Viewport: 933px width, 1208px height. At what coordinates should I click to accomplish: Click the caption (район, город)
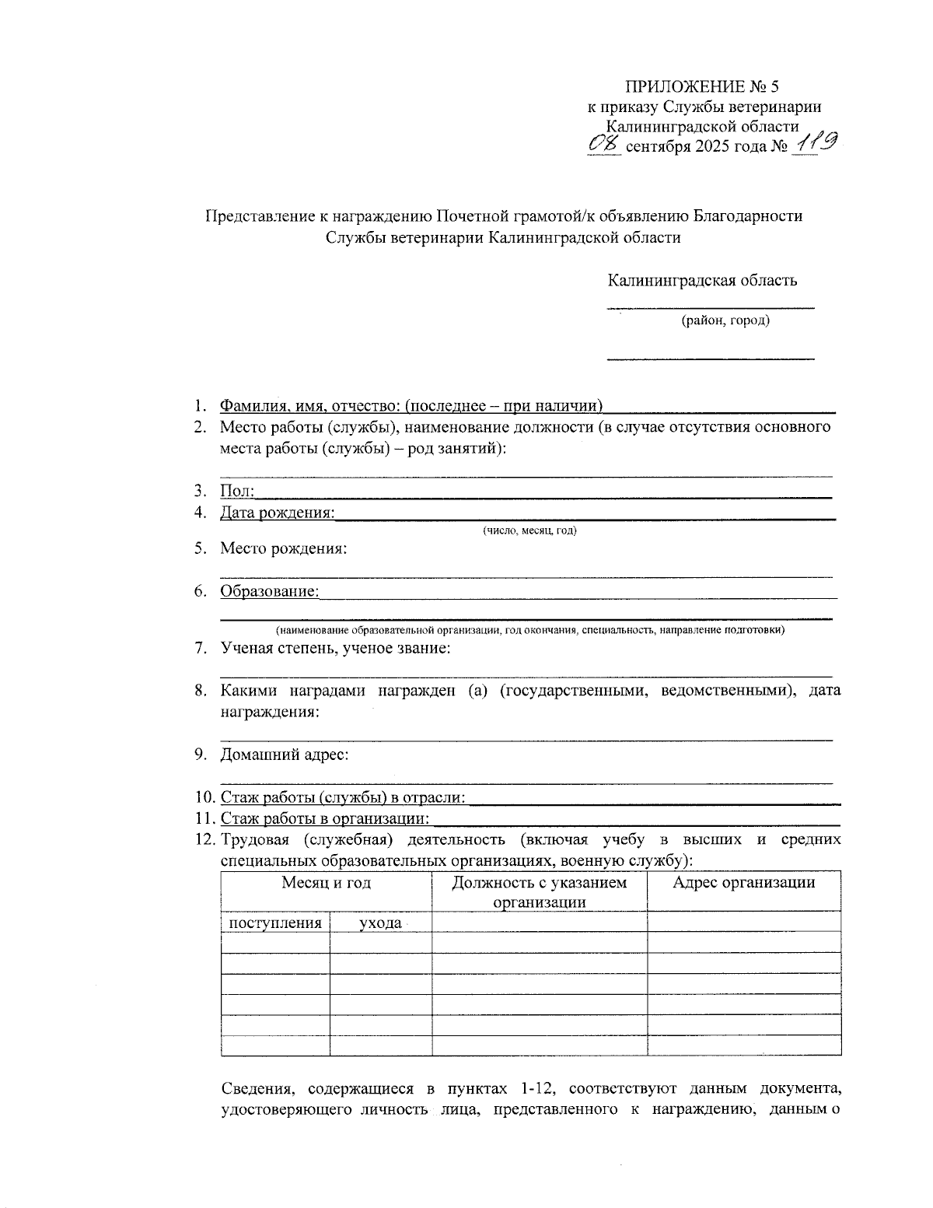click(x=725, y=320)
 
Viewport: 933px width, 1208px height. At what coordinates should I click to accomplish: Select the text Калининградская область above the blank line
click(x=702, y=280)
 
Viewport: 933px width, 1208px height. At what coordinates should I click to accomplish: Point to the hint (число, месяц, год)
click(x=529, y=530)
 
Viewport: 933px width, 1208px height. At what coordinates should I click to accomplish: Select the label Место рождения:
click(x=283, y=548)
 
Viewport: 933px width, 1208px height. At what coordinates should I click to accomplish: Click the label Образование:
click(x=269, y=591)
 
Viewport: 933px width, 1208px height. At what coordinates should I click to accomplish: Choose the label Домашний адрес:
click(x=284, y=755)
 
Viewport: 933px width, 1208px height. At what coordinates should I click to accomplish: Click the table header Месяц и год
click(x=326, y=883)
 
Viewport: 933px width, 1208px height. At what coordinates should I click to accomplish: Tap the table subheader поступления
click(x=274, y=923)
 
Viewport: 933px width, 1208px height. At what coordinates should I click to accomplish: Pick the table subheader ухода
click(x=380, y=923)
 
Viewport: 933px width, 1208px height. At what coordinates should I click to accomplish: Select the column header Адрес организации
click(x=743, y=883)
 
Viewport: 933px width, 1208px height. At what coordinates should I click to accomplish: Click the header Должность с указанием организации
click(x=539, y=892)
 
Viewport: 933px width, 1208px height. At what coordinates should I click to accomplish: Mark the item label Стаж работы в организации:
click(x=325, y=818)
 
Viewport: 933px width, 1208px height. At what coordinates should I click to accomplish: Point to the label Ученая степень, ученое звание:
click(x=335, y=648)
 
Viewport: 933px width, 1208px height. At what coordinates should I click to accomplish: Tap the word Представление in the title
click(x=259, y=216)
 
